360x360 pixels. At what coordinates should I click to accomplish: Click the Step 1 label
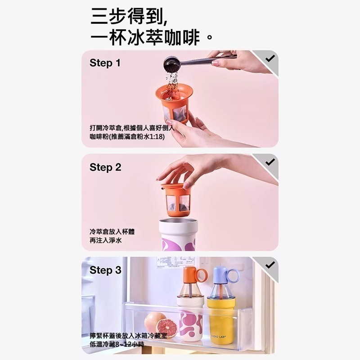point(105,63)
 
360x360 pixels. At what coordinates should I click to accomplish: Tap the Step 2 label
point(105,167)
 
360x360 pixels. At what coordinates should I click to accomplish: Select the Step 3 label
point(105,270)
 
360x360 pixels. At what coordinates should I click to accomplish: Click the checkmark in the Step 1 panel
point(270,58)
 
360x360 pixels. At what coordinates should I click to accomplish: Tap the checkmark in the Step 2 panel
point(270,162)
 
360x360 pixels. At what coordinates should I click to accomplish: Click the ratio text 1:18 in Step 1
point(156,136)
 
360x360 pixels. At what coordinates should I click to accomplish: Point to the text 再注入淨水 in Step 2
point(106,241)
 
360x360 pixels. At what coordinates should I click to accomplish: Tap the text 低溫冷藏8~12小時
point(117,344)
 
